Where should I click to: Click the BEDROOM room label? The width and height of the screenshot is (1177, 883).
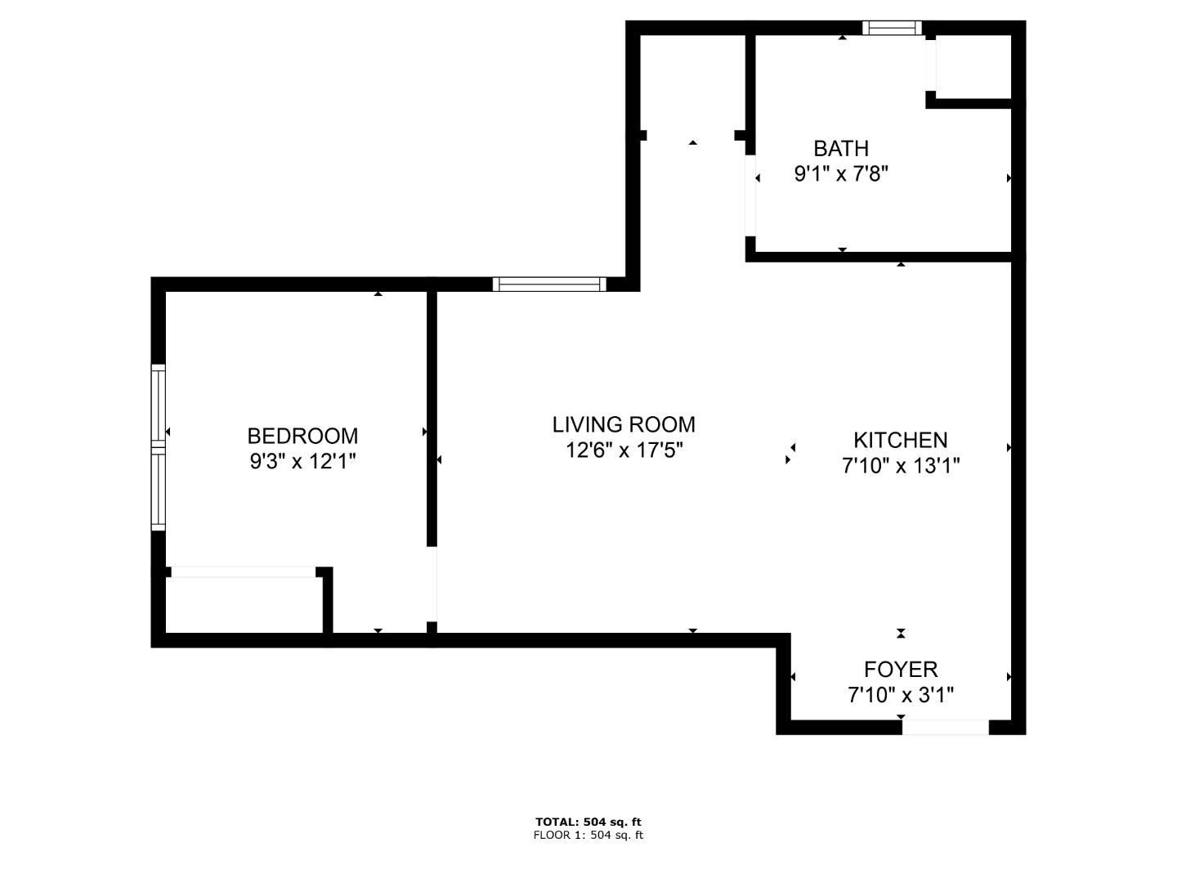302,436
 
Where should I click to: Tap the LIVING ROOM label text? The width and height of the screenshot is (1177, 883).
624,424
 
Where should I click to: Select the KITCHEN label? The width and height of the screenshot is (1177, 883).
901,440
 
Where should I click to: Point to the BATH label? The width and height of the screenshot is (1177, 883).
840,149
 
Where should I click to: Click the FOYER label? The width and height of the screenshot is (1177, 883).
901,670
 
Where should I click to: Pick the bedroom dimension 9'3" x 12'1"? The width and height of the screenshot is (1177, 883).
302,462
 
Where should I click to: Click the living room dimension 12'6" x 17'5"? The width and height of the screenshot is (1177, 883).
624,450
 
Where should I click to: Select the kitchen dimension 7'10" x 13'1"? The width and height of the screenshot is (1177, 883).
901,466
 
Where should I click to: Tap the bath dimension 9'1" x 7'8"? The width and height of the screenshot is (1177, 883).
840,174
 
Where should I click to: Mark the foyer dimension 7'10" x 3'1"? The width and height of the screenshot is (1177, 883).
901,695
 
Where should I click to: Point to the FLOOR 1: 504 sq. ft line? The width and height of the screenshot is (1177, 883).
588,835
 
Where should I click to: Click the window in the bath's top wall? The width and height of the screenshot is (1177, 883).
892,29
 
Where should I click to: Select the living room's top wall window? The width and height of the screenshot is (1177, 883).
549,285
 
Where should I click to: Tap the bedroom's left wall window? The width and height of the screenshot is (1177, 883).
159,446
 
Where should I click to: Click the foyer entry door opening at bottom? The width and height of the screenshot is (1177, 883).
946,727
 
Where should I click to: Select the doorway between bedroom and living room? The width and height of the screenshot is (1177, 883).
432,584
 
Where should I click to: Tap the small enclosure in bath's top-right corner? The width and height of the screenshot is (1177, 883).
973,67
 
